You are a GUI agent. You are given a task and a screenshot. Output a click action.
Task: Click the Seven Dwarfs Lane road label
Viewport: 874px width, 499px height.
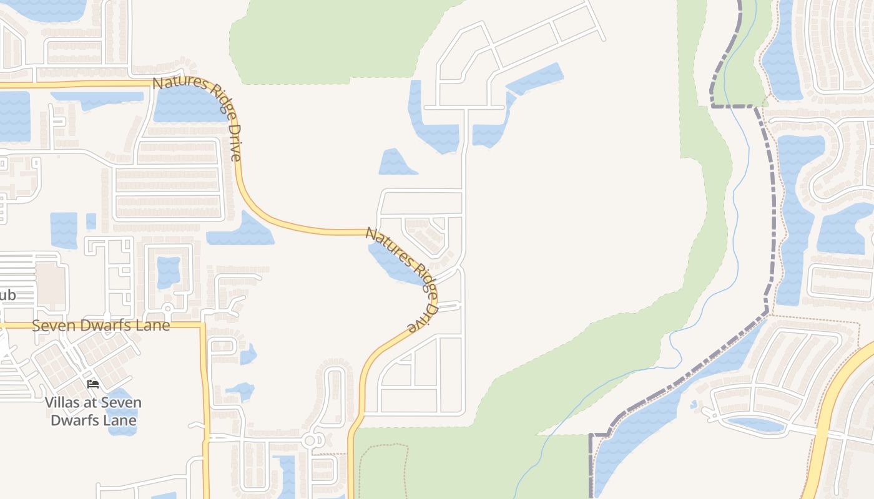[x=101, y=326]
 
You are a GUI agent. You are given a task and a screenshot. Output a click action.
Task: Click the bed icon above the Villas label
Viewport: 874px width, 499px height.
[x=93, y=384]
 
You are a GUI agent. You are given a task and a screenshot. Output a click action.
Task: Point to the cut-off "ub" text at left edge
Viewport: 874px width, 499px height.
[x=7, y=295]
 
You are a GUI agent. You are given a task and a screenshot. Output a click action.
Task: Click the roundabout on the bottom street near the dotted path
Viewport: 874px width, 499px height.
[x=310, y=441]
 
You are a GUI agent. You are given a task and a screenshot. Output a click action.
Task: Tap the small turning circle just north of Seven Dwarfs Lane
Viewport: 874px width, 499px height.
[x=167, y=308]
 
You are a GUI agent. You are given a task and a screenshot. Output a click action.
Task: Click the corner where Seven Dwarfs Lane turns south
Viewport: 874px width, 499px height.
[x=202, y=325]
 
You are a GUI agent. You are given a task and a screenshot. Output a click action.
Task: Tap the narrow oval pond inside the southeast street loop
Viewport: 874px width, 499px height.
[x=755, y=425]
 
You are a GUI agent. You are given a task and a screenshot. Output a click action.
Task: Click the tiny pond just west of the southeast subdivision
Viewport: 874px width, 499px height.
[x=694, y=404]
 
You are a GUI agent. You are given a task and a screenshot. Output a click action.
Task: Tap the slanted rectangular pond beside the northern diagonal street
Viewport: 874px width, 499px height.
[x=534, y=79]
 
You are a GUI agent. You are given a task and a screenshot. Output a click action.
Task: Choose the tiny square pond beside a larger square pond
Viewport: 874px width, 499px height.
[x=91, y=221]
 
